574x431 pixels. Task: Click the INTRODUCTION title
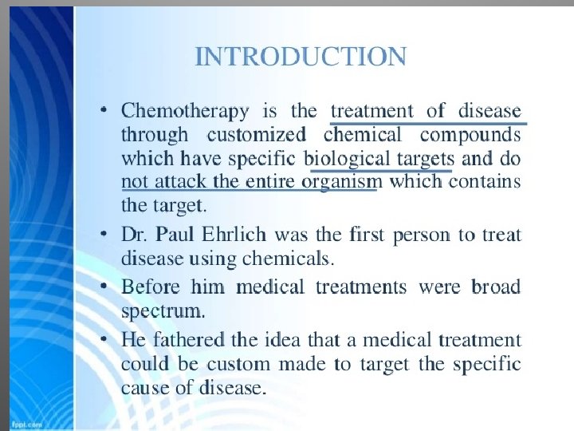click(301, 57)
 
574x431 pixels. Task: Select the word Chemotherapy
click(185, 112)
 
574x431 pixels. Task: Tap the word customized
click(256, 135)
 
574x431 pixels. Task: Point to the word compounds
click(470, 136)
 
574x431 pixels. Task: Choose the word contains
click(485, 181)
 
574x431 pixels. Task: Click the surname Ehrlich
click(234, 234)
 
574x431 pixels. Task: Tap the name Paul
click(175, 234)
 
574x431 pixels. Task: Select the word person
click(422, 236)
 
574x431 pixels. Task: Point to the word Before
click(151, 287)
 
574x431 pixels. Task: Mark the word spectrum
click(163, 312)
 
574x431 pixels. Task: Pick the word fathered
click(188, 339)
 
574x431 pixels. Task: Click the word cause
click(145, 389)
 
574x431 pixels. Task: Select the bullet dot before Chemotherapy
click(104, 110)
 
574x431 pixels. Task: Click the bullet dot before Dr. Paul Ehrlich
click(104, 233)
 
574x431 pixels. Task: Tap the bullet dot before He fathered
click(104, 338)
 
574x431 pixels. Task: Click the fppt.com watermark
click(27, 425)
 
